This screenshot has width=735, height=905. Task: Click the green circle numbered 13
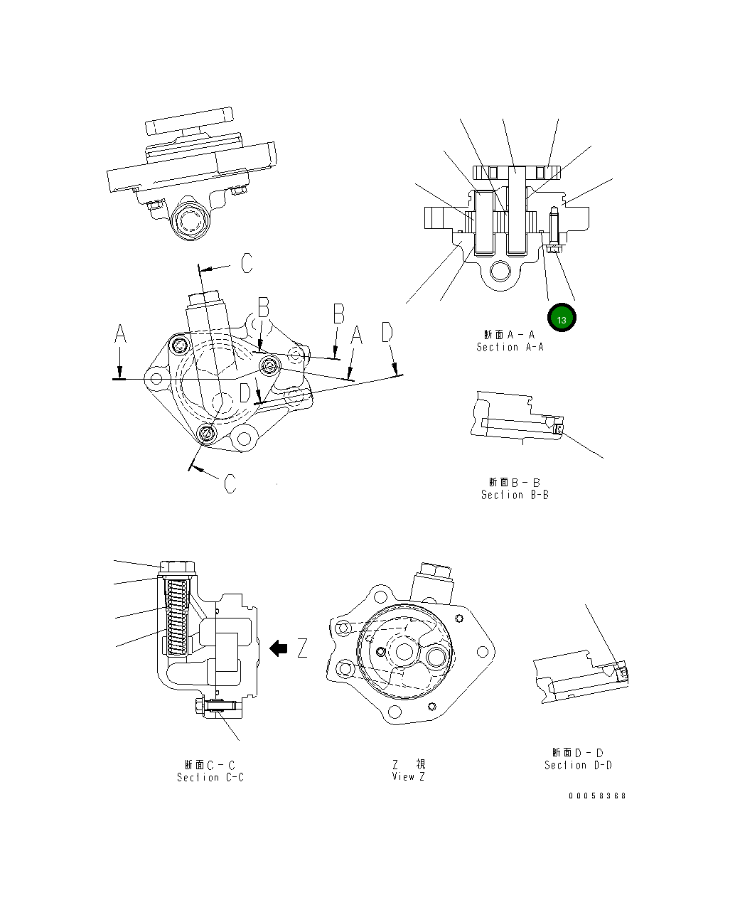(562, 320)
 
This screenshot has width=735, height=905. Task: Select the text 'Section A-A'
(510, 347)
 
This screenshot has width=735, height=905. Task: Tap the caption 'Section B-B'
(515, 495)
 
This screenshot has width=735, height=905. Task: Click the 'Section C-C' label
(210, 778)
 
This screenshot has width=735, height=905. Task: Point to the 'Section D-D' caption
(578, 765)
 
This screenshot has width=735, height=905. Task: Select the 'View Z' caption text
(408, 776)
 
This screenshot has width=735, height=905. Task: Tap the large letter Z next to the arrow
(302, 648)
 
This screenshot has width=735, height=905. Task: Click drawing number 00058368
(597, 796)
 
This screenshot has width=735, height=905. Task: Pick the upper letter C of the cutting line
(245, 264)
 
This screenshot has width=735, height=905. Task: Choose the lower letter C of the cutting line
(230, 484)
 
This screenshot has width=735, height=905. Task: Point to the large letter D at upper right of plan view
(387, 332)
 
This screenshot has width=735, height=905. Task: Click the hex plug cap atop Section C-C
(177, 567)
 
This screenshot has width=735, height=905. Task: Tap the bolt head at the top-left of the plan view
(179, 346)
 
